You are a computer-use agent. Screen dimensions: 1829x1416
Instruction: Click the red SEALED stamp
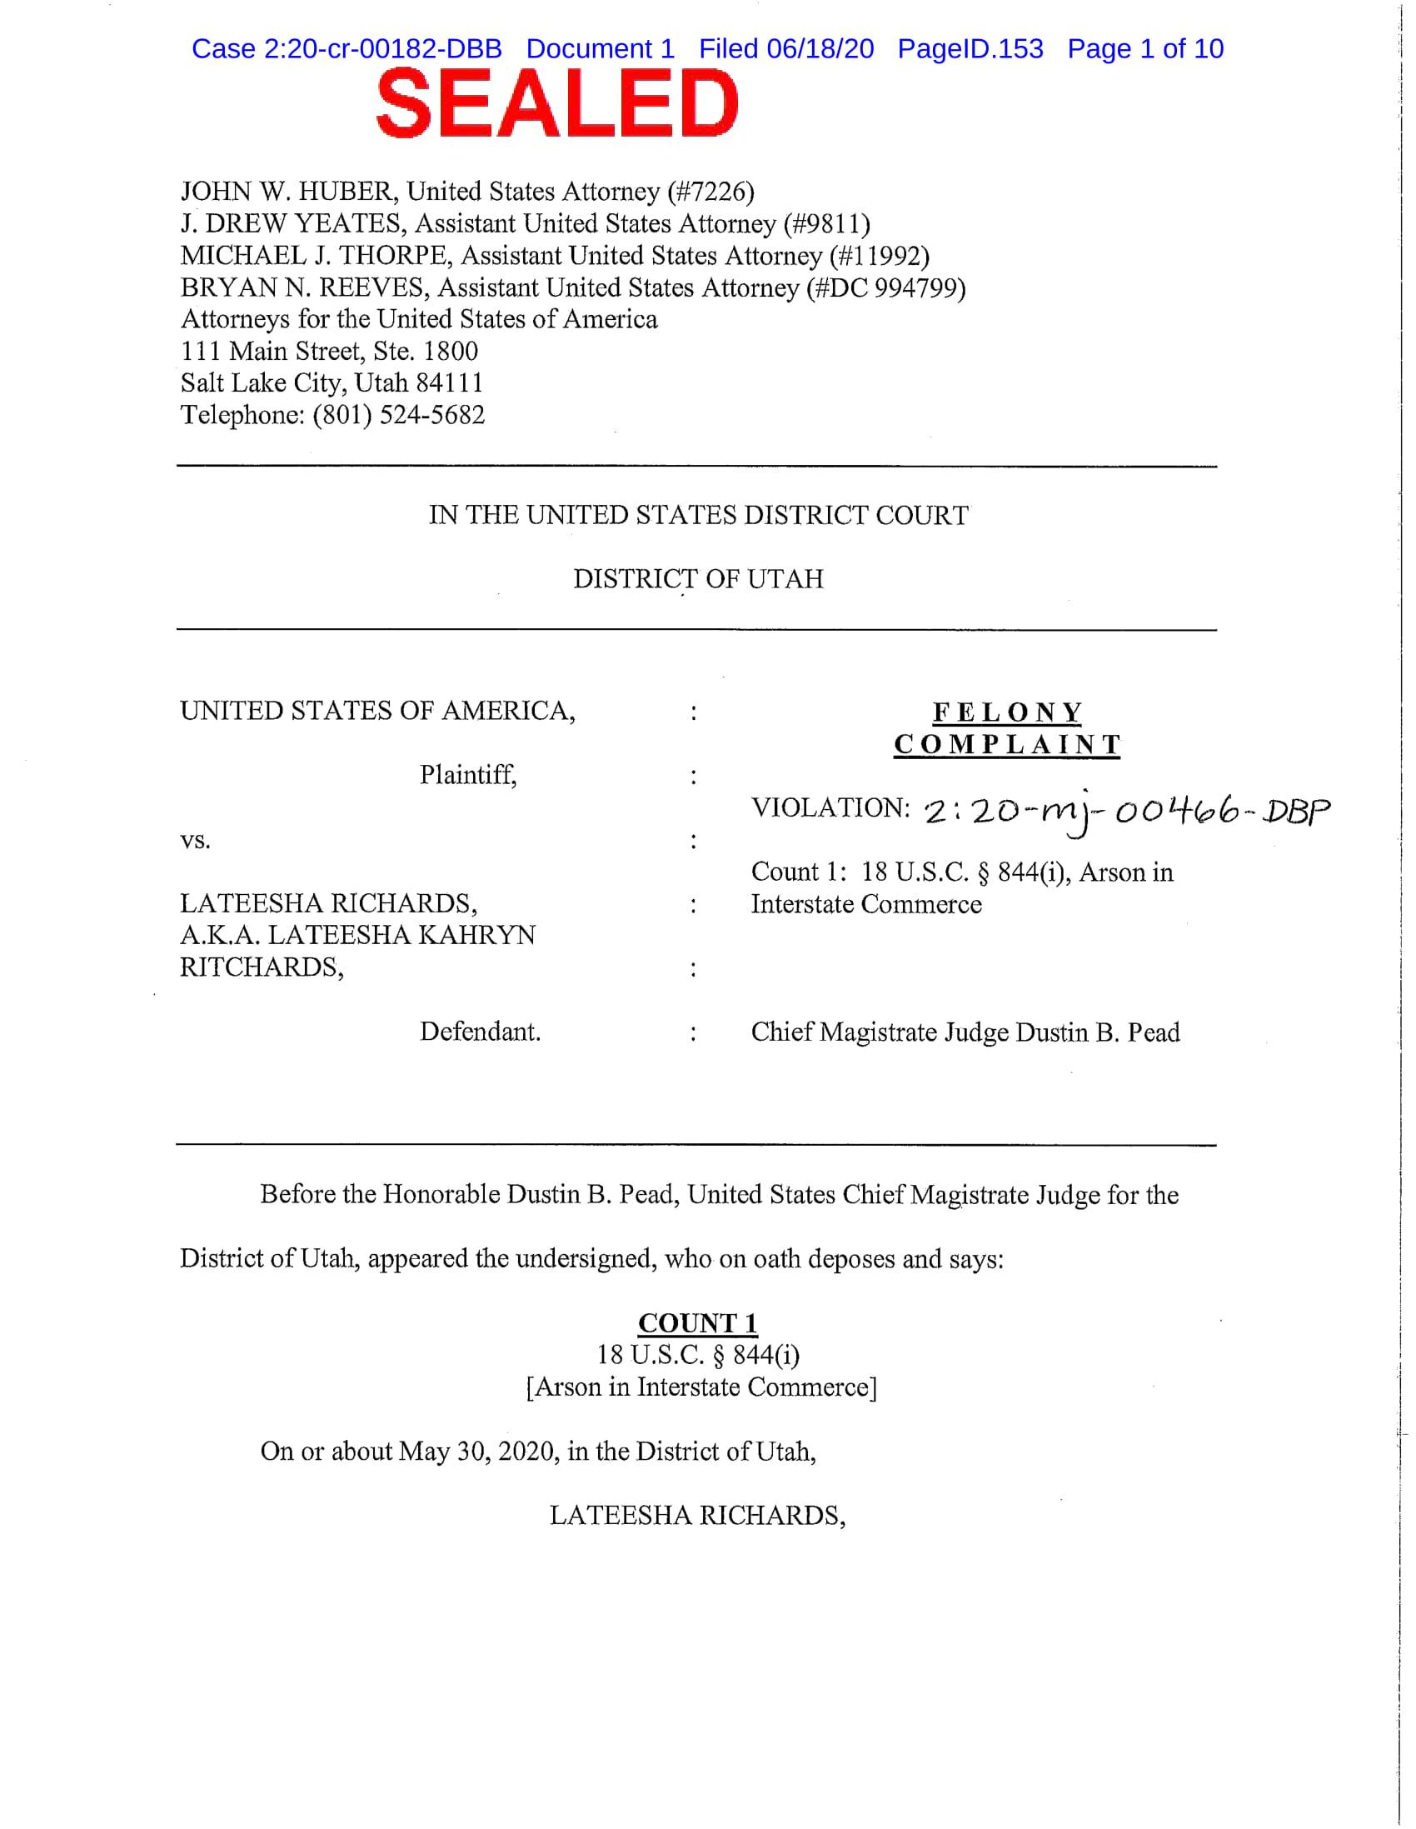[557, 104]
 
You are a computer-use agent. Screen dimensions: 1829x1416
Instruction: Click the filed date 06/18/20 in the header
[820, 48]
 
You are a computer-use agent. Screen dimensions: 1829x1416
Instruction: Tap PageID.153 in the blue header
[970, 48]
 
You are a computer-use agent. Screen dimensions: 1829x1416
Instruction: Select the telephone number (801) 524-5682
[399, 414]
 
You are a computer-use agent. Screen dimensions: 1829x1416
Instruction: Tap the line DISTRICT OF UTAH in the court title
[697, 578]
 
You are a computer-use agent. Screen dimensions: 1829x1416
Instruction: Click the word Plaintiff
[467, 775]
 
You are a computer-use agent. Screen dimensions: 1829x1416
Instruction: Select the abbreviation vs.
[195, 840]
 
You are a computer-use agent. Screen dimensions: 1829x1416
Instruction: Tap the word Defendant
[480, 1031]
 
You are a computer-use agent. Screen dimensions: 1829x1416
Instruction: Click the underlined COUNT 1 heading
[697, 1323]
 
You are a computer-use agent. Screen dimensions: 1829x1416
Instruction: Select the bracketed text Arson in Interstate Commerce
[701, 1387]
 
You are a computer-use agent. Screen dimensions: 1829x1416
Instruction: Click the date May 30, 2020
[478, 1451]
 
